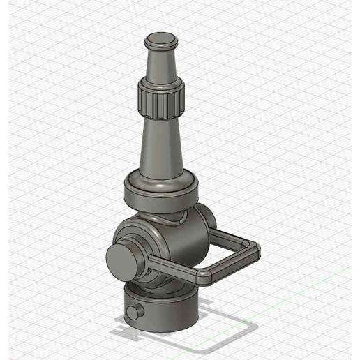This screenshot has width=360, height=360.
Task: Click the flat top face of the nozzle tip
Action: tap(160, 38)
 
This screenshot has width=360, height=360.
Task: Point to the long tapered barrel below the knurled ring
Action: tap(161, 147)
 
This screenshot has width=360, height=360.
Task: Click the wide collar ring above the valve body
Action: tap(161, 193)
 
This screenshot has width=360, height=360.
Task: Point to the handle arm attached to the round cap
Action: tap(174, 269)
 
